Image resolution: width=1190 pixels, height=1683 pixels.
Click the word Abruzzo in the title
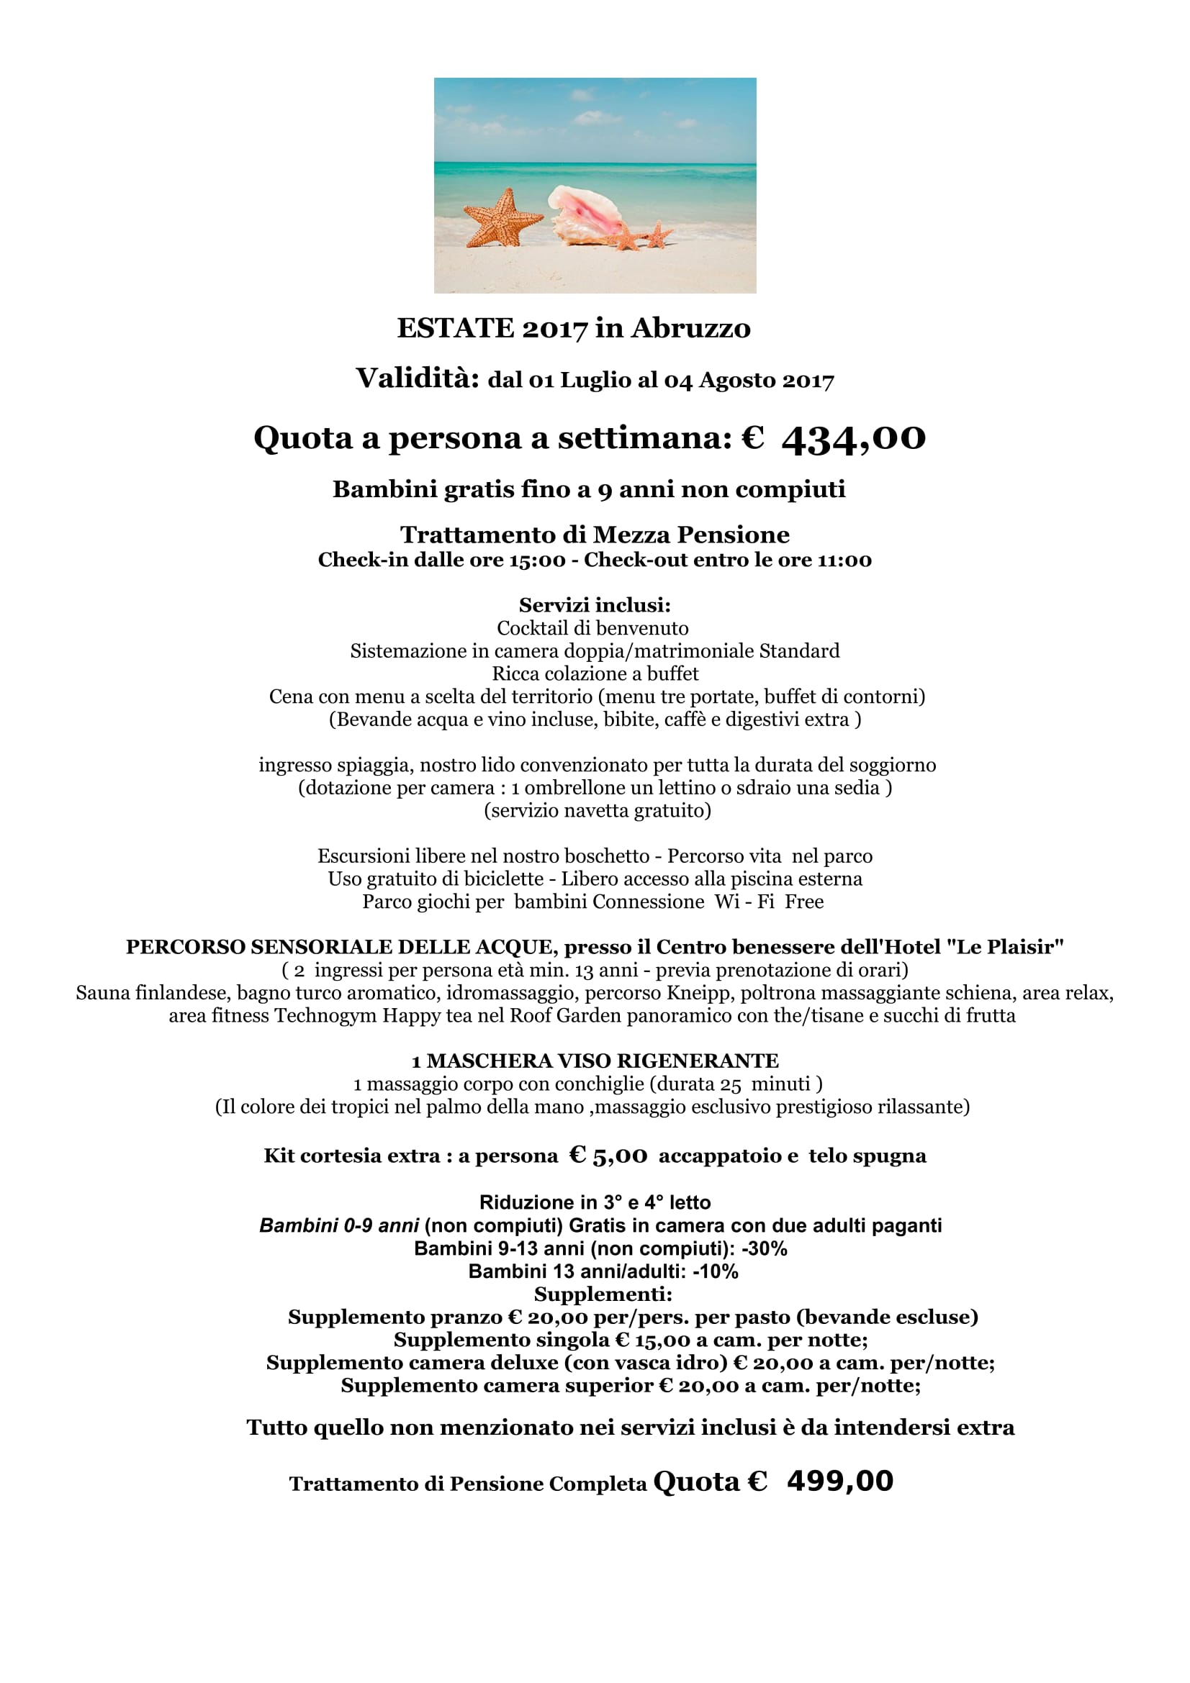(690, 328)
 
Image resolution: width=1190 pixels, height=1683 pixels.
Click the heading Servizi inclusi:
(595, 604)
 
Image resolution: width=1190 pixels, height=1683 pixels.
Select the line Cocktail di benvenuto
(592, 628)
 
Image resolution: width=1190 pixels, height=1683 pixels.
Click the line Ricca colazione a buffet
(595, 673)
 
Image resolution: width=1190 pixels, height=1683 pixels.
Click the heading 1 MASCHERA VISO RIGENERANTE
(595, 1061)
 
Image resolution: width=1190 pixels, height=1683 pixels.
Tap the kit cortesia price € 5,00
(608, 1156)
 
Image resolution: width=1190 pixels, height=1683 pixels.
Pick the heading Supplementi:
(603, 1294)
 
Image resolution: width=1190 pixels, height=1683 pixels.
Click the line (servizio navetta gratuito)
(597, 810)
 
